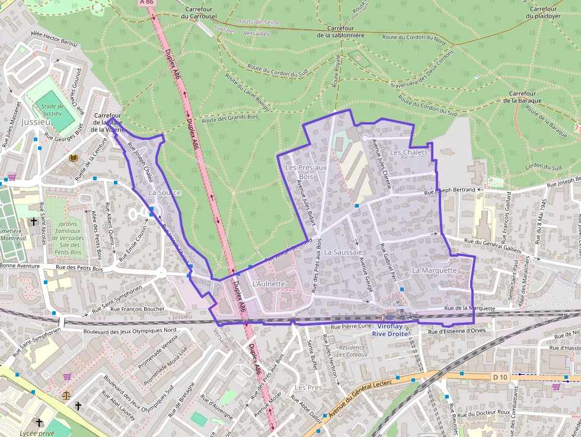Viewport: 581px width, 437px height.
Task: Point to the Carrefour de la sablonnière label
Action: [340, 31]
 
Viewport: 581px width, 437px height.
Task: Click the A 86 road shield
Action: [147, 2]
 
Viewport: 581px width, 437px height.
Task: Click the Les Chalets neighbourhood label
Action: [409, 152]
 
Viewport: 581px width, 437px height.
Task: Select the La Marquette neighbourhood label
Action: [435, 270]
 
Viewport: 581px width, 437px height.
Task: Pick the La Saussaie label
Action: [343, 253]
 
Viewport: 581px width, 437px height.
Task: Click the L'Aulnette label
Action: [269, 284]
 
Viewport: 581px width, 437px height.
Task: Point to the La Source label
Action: [165, 193]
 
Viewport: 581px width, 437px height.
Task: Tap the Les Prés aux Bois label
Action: [306, 172]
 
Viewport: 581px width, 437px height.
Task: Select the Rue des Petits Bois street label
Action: [79, 269]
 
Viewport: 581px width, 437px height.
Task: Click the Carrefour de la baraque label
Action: [522, 97]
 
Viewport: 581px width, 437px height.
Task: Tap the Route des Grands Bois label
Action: [231, 118]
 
